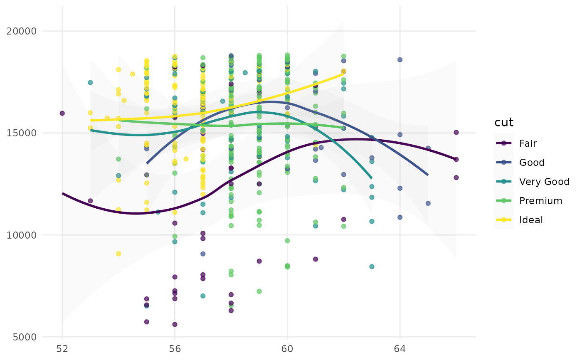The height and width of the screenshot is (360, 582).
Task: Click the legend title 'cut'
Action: [x=504, y=123]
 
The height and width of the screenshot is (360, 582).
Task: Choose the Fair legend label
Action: [x=528, y=143]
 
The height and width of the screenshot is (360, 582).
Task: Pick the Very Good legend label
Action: [x=544, y=182]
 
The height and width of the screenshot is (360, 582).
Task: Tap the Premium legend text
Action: [x=540, y=201]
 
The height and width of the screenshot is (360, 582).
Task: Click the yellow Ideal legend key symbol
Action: [x=504, y=220]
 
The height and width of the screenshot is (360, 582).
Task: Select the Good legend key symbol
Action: [x=504, y=163]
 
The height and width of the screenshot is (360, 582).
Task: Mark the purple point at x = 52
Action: [x=62, y=113]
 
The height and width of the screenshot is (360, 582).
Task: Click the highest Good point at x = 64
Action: [x=400, y=59]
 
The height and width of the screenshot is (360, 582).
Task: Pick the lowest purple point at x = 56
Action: [x=175, y=324]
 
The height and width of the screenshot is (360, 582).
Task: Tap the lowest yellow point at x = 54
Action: [x=118, y=254]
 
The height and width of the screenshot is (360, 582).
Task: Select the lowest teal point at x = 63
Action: [x=372, y=266]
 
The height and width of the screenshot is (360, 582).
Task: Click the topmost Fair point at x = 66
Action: [x=456, y=132]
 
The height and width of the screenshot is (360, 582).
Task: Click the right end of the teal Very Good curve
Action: [x=372, y=178]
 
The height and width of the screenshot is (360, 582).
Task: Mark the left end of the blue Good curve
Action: [x=147, y=163]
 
